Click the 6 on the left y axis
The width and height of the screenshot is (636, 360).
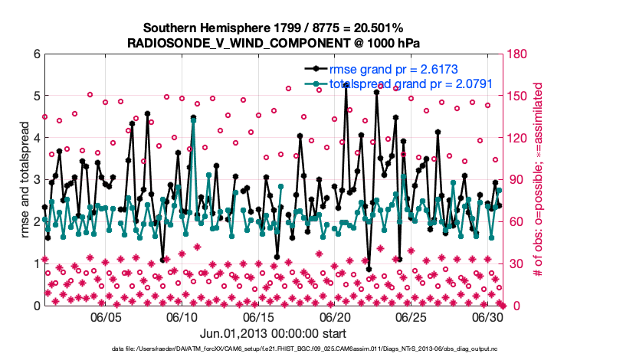(37, 54)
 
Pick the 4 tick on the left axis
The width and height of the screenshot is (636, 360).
(37, 138)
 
